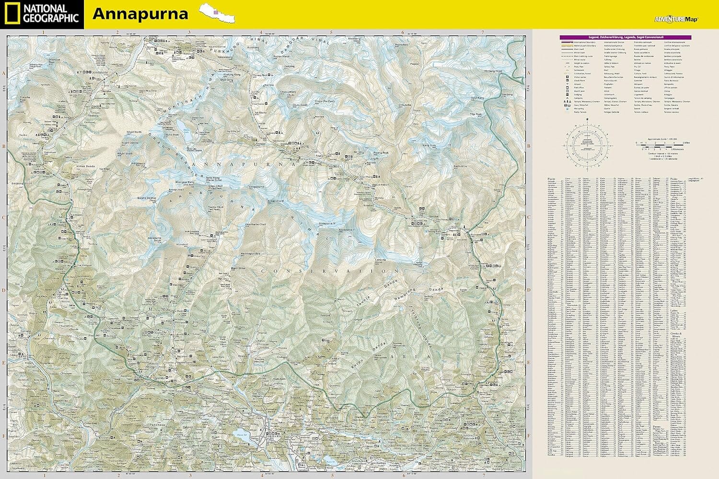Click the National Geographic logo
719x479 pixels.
(x=42, y=14)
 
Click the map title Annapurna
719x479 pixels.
(x=140, y=14)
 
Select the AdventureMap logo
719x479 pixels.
(x=676, y=20)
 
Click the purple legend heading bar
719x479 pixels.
(x=625, y=37)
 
